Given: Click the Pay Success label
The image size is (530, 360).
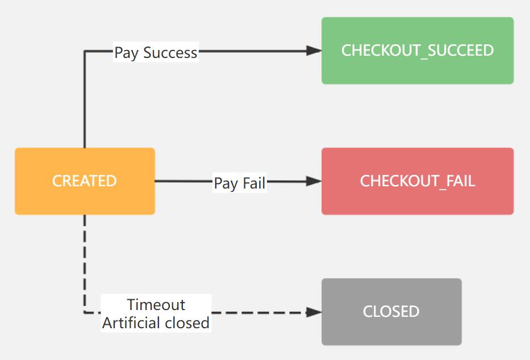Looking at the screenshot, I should tap(156, 53).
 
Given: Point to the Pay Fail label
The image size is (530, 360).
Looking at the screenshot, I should tap(239, 183).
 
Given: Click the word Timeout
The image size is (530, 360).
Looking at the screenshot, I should tap(156, 305).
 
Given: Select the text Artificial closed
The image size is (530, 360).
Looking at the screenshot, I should tap(156, 323).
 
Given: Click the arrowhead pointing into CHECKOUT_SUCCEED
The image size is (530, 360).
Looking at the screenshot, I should tap(314, 51).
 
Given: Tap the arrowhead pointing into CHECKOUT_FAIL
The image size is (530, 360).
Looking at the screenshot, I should tap(314, 181).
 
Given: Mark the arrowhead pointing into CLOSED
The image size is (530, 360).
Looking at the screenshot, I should tap(314, 312).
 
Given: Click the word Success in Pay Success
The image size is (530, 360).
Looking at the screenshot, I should tap(170, 53).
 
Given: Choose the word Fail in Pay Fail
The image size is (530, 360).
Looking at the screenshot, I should tap(254, 183).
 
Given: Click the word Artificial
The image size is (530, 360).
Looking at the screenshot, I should tap(131, 323).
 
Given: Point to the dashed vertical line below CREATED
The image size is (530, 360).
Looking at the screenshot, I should tap(85, 261).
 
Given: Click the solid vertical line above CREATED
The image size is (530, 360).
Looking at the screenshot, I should tap(85, 102).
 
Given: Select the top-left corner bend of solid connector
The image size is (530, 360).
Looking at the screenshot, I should tap(85, 51).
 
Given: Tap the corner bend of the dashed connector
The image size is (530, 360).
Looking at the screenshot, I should tap(85, 312).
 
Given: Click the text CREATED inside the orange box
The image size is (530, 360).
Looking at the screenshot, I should tap(84, 181).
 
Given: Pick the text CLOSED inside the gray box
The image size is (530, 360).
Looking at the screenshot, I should tap(391, 312).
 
